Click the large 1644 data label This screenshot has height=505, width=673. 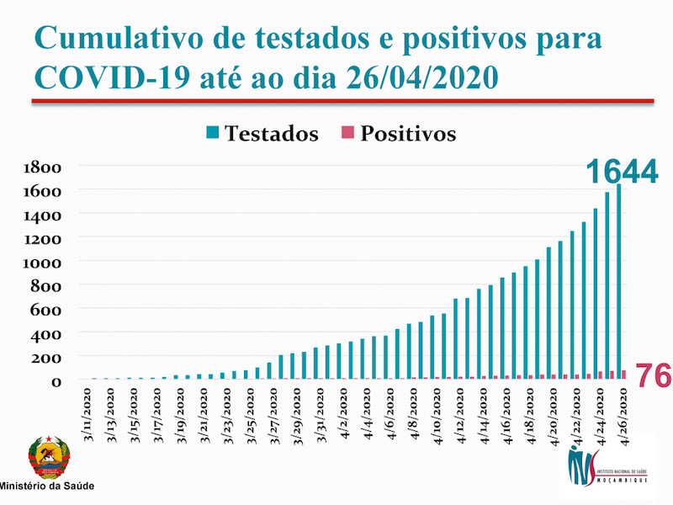point(622,171)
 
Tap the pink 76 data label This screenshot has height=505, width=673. point(652,375)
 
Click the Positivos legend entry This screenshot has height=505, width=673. point(399,134)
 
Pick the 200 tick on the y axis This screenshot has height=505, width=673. point(48,357)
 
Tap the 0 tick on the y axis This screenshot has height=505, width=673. point(57,381)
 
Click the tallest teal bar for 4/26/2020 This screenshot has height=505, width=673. point(618,282)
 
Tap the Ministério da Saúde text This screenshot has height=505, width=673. point(46,486)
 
